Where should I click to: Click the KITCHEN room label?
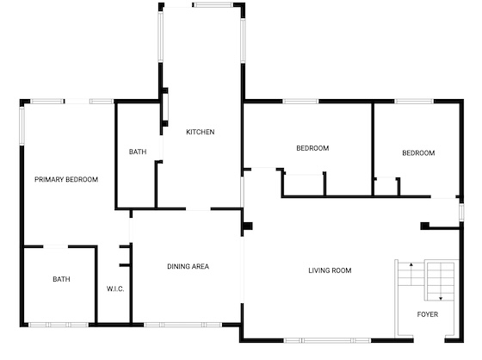point(200,132)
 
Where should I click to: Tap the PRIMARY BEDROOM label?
point(66,179)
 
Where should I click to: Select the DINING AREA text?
point(188,266)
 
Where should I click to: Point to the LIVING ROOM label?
point(330,270)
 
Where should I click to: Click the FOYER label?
point(428,314)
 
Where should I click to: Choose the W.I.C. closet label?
point(115,289)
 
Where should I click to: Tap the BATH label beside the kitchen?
point(138,152)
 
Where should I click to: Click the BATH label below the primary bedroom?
point(61,279)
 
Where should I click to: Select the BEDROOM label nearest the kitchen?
point(312,148)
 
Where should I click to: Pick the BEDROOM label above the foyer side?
point(418,153)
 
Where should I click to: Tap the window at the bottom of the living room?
point(327,340)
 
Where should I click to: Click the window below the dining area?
point(182,325)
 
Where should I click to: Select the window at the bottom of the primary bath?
point(59,325)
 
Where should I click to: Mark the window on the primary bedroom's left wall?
point(22,126)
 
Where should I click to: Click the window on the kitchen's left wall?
point(160,37)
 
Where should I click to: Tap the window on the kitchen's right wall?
point(243,40)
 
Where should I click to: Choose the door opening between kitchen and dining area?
point(198,209)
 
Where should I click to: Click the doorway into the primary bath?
point(56,246)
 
